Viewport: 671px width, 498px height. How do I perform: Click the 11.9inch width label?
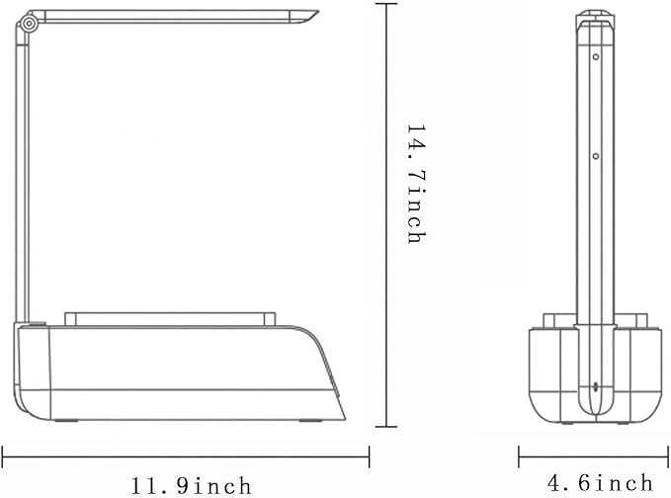pyautogui.click(x=191, y=485)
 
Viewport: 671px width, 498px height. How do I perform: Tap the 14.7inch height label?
pyautogui.click(x=416, y=184)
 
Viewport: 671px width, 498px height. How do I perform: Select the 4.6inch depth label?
pyautogui.click(x=600, y=482)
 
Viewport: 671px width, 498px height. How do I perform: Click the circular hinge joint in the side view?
pyautogui.click(x=29, y=24)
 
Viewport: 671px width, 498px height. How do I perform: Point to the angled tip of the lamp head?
pyautogui.click(x=318, y=12)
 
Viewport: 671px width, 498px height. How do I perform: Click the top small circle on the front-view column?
pyautogui.click(x=596, y=56)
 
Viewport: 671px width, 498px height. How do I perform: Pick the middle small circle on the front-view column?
pyautogui.click(x=596, y=156)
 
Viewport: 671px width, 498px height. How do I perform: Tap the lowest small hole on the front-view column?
pyautogui.click(x=595, y=387)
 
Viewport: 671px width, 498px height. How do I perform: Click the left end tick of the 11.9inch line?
pyautogui.click(x=3, y=456)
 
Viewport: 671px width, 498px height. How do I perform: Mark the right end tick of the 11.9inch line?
pyautogui.click(x=369, y=456)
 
